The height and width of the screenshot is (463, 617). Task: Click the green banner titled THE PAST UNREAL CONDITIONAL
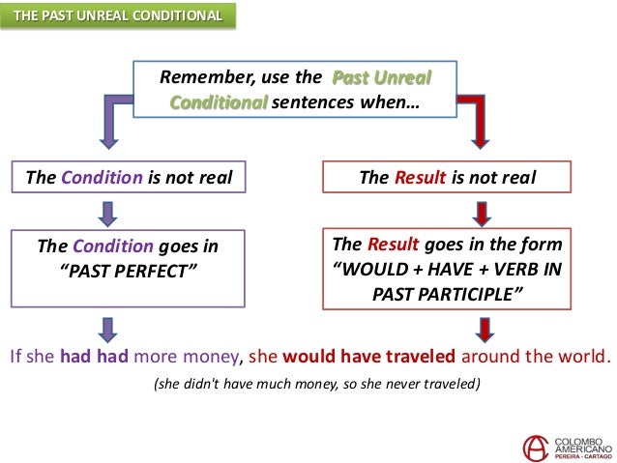(x=117, y=16)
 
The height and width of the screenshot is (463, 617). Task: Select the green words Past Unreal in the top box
(x=381, y=77)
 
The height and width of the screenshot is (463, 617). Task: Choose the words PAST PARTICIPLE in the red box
(x=448, y=293)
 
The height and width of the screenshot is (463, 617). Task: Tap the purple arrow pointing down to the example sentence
(x=108, y=327)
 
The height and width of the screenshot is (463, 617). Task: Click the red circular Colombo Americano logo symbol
(x=534, y=446)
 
